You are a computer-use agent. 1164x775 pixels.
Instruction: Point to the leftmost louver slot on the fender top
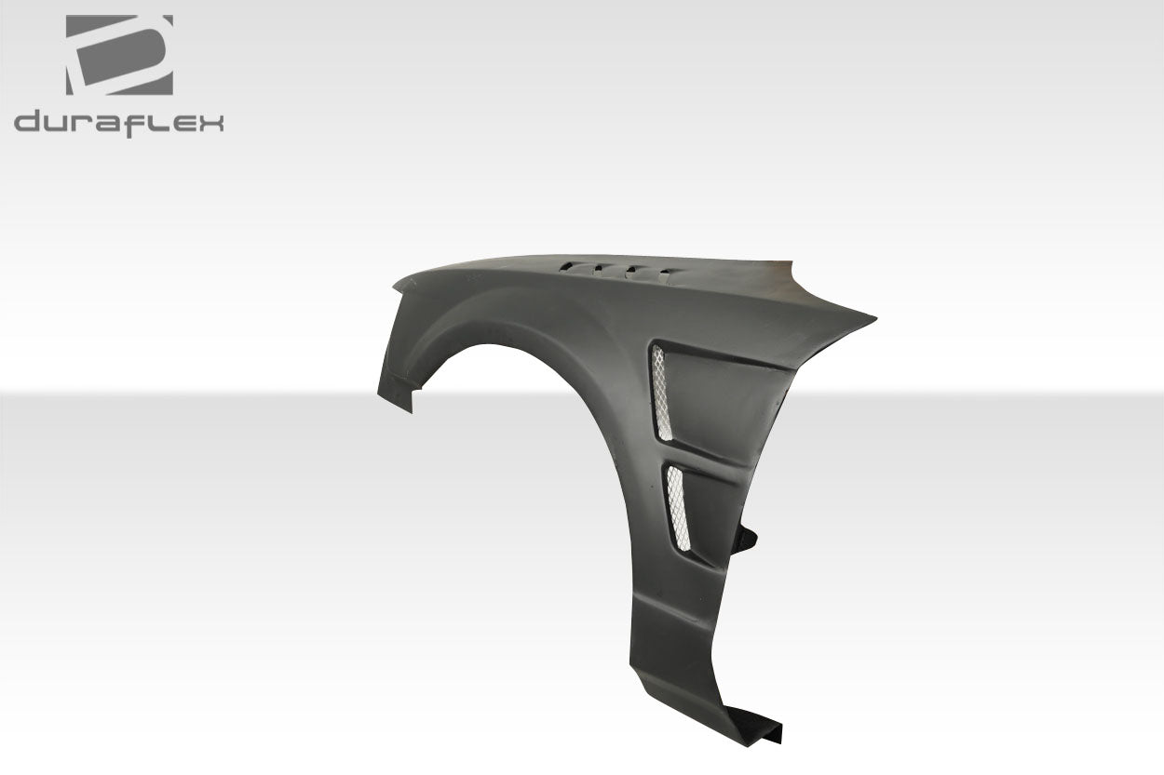pos(565,267)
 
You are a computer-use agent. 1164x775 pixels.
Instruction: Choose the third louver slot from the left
pos(630,271)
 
